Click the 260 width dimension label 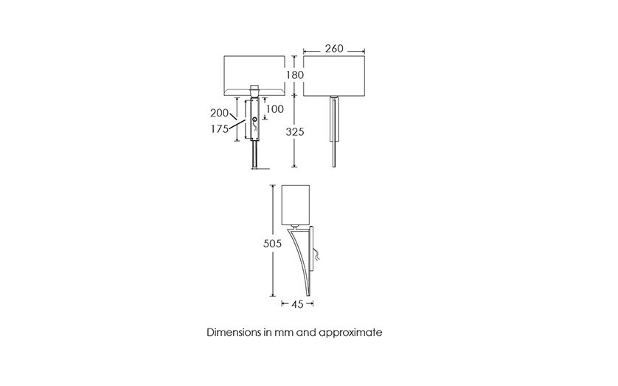(x=334, y=49)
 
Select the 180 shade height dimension (x=295, y=75)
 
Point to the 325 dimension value (x=295, y=131)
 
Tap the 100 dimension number (x=275, y=108)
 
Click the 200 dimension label (x=219, y=113)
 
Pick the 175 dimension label (x=220, y=129)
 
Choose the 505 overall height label (x=272, y=244)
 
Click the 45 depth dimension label (x=298, y=304)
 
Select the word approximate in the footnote (x=350, y=333)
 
